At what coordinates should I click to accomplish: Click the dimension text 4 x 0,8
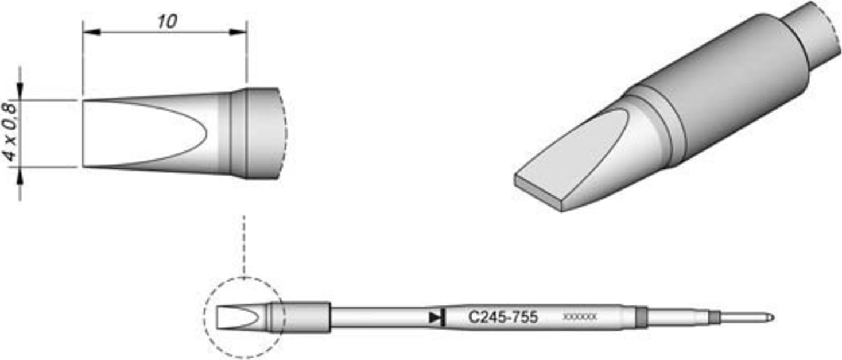10,133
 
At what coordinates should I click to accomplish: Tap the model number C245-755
503,317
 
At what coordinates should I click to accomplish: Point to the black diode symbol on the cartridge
437,317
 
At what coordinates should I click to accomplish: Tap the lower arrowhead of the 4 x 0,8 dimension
21,176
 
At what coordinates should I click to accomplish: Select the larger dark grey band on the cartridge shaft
641,317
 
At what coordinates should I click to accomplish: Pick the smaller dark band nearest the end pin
714,317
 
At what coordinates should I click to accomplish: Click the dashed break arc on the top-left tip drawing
284,133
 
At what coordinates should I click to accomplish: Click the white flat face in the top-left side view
138,133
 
